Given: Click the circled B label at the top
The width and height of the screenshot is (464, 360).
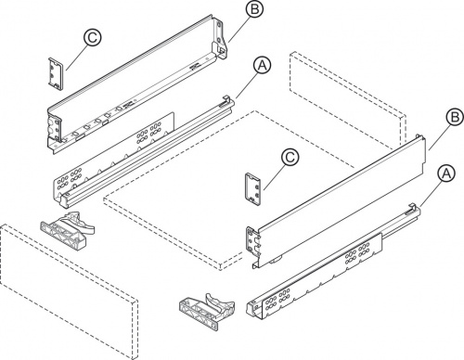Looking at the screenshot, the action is pos(254,8).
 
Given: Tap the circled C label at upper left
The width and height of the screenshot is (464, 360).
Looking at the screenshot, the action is pos(92,38).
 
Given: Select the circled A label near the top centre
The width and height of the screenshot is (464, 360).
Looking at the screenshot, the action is pos(262,66).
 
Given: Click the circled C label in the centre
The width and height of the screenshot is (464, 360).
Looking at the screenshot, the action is pos(290,158).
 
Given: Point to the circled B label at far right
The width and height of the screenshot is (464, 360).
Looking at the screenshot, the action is pos(455,118).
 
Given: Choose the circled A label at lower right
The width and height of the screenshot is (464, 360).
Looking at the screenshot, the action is pos(446,174).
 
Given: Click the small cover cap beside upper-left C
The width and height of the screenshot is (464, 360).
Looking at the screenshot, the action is pos(56,73).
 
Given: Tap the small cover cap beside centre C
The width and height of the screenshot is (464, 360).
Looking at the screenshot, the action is pos(253,189).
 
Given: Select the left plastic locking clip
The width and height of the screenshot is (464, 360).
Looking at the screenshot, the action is pos(67,228).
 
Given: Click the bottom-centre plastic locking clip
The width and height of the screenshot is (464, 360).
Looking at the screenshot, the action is pos(208,310).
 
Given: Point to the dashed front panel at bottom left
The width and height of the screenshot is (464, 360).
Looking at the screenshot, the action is pos(68,292).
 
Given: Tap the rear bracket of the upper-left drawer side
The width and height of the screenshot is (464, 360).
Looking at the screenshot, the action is pos(220,39).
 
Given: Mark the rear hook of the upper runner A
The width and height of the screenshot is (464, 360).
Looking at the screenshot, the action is pos(227,101).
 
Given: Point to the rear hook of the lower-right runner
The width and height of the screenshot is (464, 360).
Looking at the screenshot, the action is pos(412,209).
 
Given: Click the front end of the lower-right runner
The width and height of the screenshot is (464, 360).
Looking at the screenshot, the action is pos(254,308).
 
